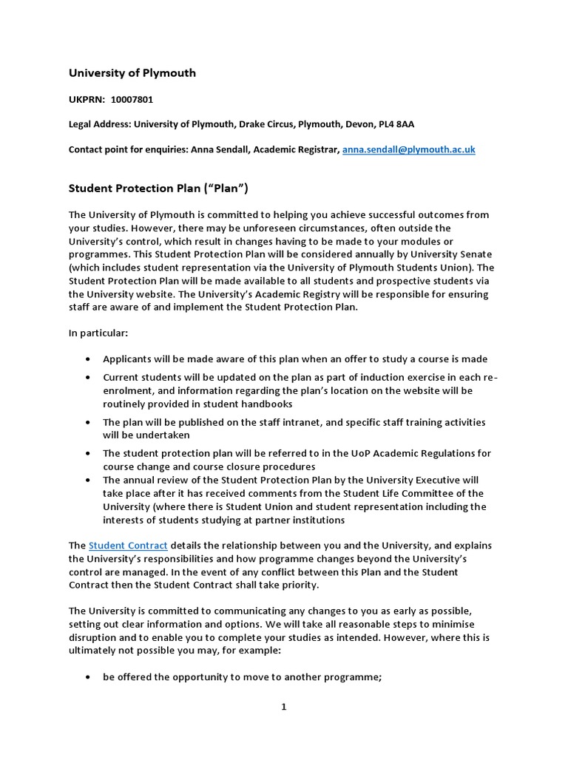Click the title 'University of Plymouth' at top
(132, 72)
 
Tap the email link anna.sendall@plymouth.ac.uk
(408, 149)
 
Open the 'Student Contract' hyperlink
(128, 546)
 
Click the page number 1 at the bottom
(283, 707)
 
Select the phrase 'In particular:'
(98, 334)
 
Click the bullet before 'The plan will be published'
(89, 423)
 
